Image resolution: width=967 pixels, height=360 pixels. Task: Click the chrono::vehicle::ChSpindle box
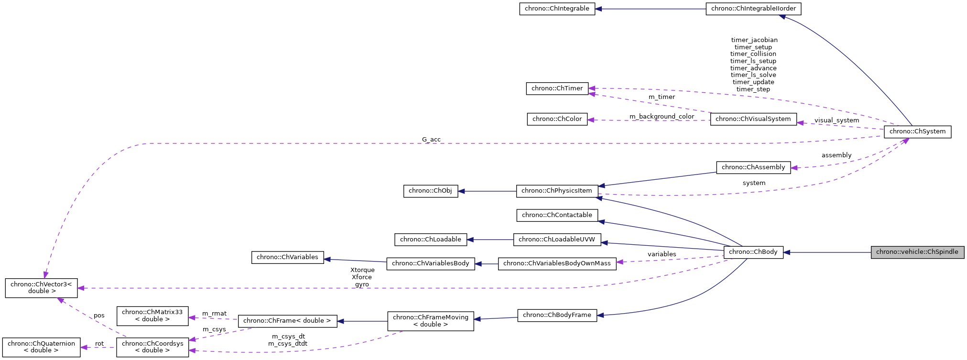pyautogui.click(x=917, y=252)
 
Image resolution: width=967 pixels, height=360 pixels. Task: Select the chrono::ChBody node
pyautogui.click(x=753, y=252)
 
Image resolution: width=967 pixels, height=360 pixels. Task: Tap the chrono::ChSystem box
pyautogui.click(x=917, y=131)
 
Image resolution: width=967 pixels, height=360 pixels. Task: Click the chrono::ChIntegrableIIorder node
pyautogui.click(x=753, y=9)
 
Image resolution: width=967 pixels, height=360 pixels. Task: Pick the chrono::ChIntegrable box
pyautogui.click(x=557, y=9)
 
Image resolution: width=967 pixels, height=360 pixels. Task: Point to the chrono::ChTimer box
pyautogui.click(x=557, y=88)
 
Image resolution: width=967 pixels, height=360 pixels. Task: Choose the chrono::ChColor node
pyautogui.click(x=557, y=119)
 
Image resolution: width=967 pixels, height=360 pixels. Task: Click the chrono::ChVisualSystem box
pyautogui.click(x=753, y=119)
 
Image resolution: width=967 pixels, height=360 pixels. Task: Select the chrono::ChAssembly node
pyautogui.click(x=753, y=167)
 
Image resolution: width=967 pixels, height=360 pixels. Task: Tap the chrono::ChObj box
pyautogui.click(x=430, y=191)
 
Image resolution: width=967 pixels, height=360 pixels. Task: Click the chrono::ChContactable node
pyautogui.click(x=557, y=215)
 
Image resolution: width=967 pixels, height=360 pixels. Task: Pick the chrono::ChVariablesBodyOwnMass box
pyautogui.click(x=557, y=263)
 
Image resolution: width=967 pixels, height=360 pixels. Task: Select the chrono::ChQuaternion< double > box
pyautogui.click(x=41, y=347)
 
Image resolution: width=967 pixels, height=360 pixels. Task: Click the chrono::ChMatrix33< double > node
pyautogui.click(x=152, y=316)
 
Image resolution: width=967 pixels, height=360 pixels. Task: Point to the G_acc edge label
pyautogui.click(x=431, y=140)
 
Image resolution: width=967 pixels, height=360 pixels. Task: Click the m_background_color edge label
pyautogui.click(x=662, y=117)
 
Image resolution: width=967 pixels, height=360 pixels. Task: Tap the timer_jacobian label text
pyautogui.click(x=754, y=40)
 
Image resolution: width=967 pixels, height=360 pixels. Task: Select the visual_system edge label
pyautogui.click(x=837, y=120)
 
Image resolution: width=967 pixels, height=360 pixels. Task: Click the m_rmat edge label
pyautogui.click(x=214, y=314)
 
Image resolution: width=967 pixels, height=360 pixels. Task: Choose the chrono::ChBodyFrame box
pyautogui.click(x=557, y=315)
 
